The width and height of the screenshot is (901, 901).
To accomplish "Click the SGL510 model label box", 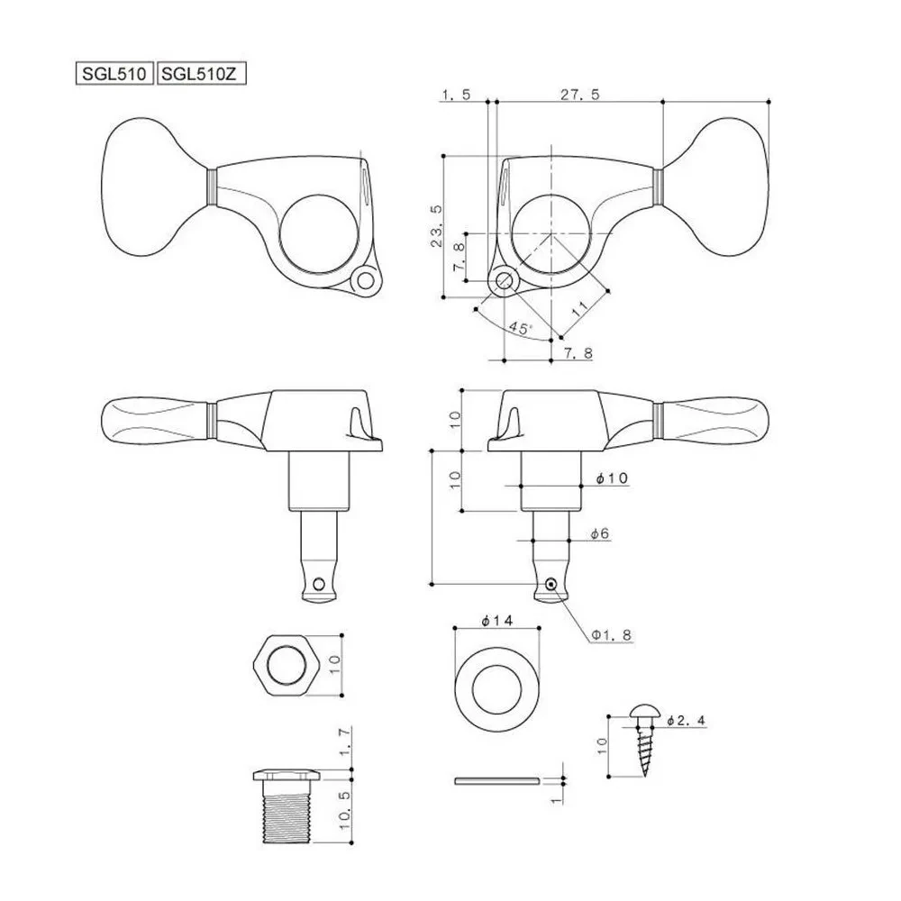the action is point(114,74).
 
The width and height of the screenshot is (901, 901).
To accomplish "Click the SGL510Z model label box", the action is point(201,74).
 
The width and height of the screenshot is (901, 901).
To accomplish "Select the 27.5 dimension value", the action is point(579,95).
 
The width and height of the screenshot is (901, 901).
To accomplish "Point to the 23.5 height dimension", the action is point(437,226).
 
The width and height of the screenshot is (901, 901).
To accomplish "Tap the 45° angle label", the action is point(521,328).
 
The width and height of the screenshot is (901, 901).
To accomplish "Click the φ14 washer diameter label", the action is point(497,621).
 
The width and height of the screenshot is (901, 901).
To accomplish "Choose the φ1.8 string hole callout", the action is point(612,635).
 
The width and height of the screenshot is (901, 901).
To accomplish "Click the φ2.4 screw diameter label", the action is point(686,720).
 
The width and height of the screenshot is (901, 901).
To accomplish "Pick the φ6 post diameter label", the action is point(599,533).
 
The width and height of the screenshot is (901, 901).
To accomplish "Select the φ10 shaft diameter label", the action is point(612,478).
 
